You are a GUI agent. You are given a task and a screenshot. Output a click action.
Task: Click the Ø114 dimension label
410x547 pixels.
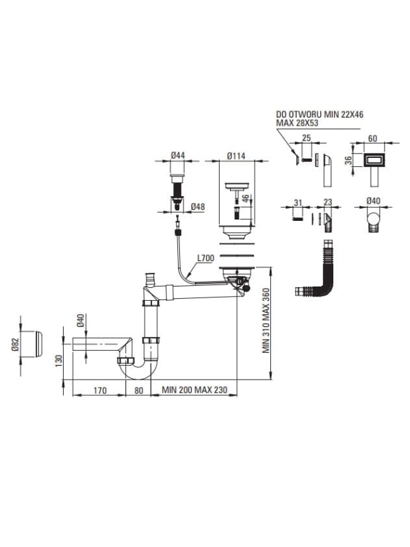point(236,156)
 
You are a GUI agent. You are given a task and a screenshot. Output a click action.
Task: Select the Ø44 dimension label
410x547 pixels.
point(178,156)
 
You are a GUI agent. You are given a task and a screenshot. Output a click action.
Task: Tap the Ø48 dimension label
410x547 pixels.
point(198,207)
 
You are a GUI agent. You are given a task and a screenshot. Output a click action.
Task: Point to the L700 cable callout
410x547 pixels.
point(205,258)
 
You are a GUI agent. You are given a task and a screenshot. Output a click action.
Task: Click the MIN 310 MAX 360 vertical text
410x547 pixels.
point(266,320)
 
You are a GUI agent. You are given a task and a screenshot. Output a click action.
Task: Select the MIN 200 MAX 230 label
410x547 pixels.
point(194,390)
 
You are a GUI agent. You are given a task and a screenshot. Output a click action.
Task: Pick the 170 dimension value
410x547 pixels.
point(100,390)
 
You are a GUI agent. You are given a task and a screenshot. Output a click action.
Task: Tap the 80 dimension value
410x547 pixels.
point(139,390)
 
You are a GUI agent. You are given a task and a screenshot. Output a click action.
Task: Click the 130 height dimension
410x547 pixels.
point(58,360)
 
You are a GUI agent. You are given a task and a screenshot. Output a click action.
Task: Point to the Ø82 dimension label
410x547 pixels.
point(14,344)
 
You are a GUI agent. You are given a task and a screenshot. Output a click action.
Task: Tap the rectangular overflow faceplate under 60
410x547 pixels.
point(375,161)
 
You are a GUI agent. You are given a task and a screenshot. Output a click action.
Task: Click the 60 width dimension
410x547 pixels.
point(372,139)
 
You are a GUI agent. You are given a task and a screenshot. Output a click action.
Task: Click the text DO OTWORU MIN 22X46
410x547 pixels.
point(320,114)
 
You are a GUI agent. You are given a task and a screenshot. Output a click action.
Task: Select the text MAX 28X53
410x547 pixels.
point(297,123)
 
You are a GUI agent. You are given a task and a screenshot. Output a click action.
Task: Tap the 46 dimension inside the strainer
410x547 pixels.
point(246,198)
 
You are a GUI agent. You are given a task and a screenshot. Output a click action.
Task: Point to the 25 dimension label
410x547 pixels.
point(306,138)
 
